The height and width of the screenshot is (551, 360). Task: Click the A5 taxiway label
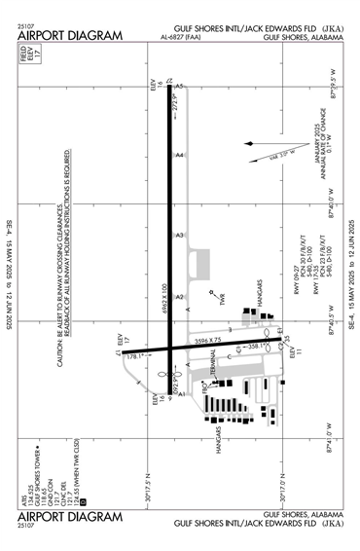point(179,87)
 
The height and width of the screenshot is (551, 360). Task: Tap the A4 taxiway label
point(179,154)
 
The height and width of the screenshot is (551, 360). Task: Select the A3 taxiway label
point(179,235)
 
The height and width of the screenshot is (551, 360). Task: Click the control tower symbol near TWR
point(211,289)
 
